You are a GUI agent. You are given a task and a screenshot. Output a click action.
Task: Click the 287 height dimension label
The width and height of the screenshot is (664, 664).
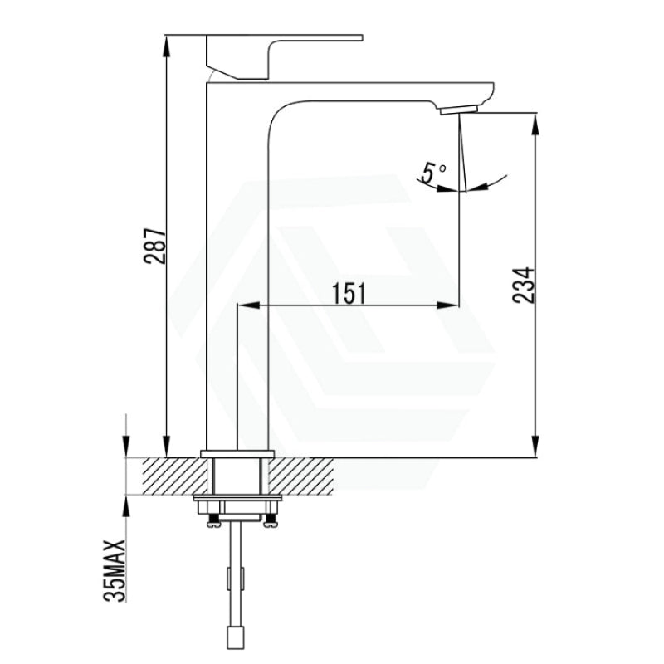(x=154, y=246)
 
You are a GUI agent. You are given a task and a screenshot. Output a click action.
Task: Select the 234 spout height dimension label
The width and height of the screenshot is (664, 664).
(x=524, y=285)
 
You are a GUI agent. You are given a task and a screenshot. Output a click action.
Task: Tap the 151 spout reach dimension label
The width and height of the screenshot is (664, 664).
(x=348, y=294)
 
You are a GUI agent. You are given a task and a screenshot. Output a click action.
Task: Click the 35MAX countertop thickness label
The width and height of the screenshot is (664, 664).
(x=115, y=570)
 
